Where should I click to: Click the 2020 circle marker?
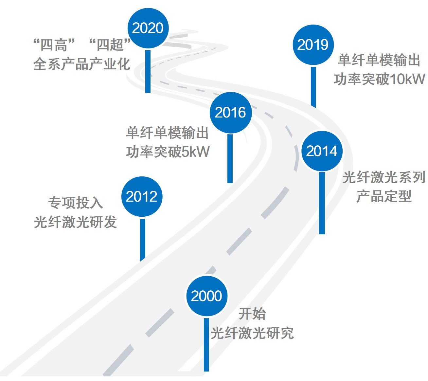(x=148, y=28)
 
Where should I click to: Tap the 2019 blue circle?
(x=313, y=45)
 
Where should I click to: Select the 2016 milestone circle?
(x=230, y=113)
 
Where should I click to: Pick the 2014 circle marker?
(x=322, y=151)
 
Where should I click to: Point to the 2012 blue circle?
(x=142, y=196)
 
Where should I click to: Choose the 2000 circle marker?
(x=206, y=296)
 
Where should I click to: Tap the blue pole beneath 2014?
(x=322, y=203)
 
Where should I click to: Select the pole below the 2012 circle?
(x=142, y=239)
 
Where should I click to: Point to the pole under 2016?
(x=230, y=159)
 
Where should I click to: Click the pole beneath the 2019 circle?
(x=313, y=87)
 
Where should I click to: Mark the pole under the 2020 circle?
(x=148, y=71)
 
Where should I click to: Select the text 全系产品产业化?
(x=82, y=64)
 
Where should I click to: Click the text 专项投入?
(x=76, y=203)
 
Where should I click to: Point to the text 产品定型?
(x=383, y=196)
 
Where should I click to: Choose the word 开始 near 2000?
(x=252, y=314)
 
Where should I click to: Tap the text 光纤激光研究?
(x=252, y=333)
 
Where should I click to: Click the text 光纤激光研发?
(x=76, y=222)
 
